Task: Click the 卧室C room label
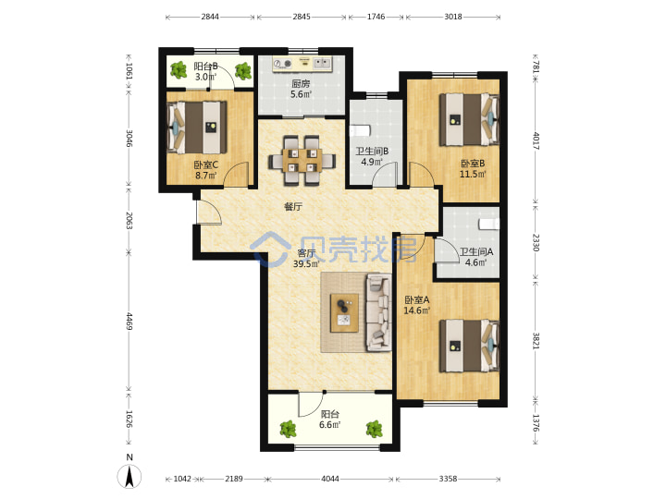coord(206,164)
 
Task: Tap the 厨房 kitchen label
coord(301,84)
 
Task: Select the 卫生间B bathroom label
coord(372,151)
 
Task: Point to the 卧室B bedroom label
coord(473,164)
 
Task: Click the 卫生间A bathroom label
coord(476,251)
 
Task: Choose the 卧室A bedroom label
coord(416,300)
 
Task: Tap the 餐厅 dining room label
coord(293,207)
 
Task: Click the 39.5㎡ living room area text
coord(306,263)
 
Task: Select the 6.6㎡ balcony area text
coord(329,424)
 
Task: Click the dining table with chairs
coord(302,161)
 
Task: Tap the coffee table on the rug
coord(344,312)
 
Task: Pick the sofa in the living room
coord(379,312)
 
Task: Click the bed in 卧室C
coord(197,127)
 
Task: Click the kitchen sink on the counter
coord(322,64)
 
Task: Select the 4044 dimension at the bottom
coord(330,479)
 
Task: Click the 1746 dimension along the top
coord(376,17)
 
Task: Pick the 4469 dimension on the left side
coord(129,322)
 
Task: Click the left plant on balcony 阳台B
coord(179,69)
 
